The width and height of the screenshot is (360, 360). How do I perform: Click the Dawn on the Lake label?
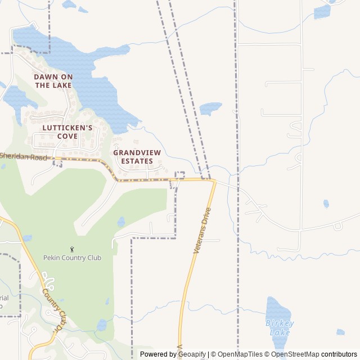(53, 80)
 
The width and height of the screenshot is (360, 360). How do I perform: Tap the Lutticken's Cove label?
(67, 132)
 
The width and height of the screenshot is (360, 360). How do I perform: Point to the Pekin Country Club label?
(72, 258)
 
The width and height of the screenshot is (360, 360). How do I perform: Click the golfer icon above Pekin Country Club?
(72, 249)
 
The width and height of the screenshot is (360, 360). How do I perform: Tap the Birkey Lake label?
(280, 327)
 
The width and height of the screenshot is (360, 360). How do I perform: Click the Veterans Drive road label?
(202, 230)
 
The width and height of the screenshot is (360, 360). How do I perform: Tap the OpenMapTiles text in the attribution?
(240, 354)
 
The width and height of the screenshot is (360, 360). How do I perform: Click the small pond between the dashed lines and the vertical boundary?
(210, 107)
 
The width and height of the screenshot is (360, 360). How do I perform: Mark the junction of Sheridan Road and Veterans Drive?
(214, 180)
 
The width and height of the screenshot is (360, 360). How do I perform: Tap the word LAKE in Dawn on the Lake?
(62, 85)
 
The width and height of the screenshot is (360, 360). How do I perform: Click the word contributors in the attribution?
(339, 354)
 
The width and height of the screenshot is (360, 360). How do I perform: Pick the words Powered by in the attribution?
(158, 354)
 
